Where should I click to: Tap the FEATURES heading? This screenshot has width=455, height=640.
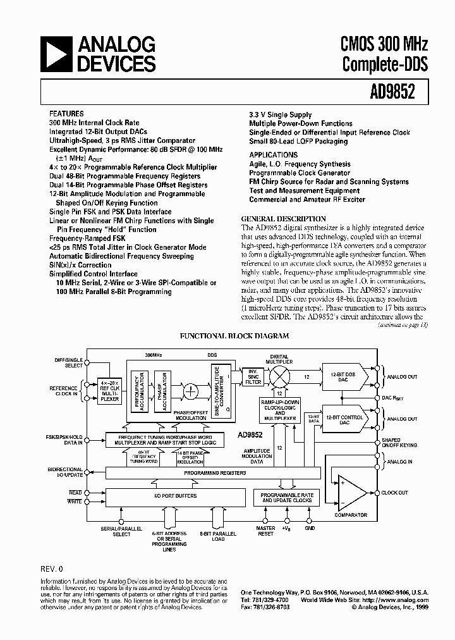[66, 114]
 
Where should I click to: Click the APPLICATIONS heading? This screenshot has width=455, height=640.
[273, 155]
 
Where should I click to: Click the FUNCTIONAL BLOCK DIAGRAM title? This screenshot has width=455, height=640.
[235, 336]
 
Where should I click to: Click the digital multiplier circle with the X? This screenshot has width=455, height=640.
[279, 376]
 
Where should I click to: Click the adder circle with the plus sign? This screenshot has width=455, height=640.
[190, 391]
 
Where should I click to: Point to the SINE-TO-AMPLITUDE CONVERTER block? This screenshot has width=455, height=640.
[217, 390]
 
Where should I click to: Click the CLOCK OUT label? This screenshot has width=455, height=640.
[395, 493]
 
